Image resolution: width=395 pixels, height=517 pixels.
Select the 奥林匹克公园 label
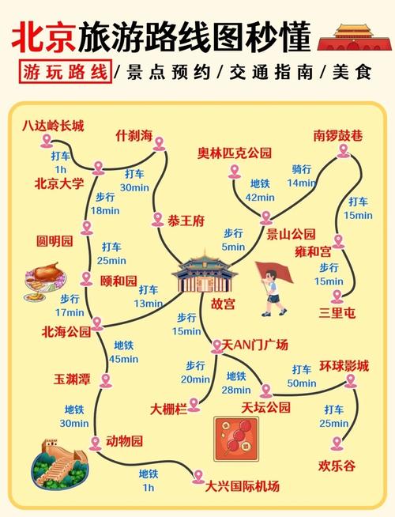235,153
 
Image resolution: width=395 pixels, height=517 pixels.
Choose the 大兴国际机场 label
243,485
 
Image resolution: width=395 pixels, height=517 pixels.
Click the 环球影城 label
344,366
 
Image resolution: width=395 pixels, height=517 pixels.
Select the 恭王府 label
185,221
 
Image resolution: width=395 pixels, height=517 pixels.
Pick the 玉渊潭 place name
72,379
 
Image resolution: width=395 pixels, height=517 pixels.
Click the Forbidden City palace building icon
207,274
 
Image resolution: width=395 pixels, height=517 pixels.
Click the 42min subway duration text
259,198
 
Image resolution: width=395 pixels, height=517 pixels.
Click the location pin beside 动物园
96,443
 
